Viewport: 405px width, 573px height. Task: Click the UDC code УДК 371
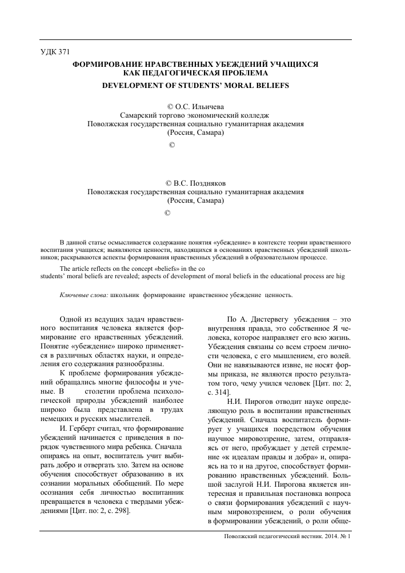55,52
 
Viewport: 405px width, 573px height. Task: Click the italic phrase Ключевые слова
83,295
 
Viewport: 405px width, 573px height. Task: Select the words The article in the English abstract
78,268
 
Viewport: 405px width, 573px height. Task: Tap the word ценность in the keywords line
278,295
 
